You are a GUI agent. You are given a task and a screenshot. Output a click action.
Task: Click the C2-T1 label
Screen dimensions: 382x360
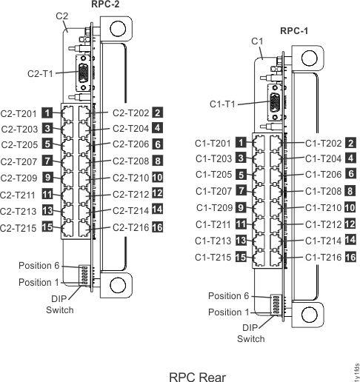pyautogui.click(x=39, y=73)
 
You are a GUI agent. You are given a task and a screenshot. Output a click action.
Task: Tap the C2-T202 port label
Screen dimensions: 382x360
pyautogui.click(x=130, y=113)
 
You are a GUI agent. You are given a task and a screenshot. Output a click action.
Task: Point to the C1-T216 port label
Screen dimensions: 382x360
pyautogui.click(x=323, y=256)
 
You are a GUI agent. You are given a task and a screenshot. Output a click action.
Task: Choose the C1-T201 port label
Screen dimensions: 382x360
pyautogui.click(x=213, y=142)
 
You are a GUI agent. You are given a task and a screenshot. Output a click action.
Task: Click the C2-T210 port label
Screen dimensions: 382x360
pyautogui.click(x=130, y=178)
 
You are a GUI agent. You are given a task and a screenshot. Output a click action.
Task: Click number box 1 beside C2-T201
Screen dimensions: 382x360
pyautogui.click(x=47, y=113)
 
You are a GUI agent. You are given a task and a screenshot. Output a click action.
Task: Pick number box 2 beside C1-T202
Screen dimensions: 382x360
pyautogui.click(x=350, y=142)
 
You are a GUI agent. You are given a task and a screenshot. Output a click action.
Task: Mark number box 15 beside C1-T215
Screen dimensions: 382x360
pyautogui.click(x=241, y=257)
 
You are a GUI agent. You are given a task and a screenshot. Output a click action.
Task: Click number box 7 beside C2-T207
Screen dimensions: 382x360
pyautogui.click(x=47, y=161)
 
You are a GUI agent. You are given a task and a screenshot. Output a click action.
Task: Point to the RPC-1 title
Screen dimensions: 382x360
pyautogui.click(x=293, y=30)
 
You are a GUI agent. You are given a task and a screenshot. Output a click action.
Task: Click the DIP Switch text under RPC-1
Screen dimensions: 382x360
pyautogui.click(x=250, y=332)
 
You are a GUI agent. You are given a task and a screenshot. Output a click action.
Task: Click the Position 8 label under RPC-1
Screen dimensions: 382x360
pyautogui.click(x=233, y=297)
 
